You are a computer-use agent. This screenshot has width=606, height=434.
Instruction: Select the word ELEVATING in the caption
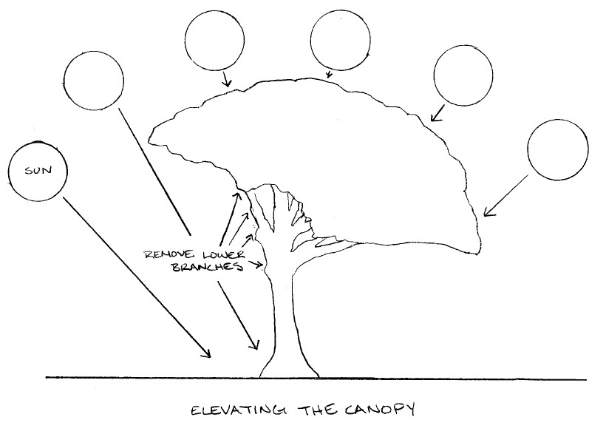233,409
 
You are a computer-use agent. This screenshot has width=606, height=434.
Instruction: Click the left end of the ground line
47,378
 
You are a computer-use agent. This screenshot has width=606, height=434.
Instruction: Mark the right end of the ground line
586,380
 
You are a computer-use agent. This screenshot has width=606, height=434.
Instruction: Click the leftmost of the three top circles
215,41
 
